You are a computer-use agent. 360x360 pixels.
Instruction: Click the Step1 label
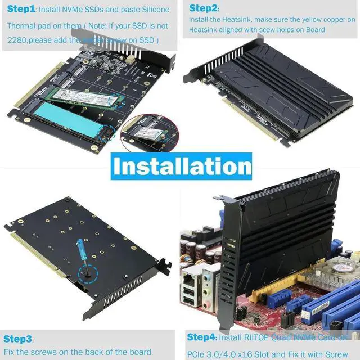click(x=21, y=10)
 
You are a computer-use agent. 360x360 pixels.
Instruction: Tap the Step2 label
click(x=204, y=8)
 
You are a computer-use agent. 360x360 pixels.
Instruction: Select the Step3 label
click(x=17, y=339)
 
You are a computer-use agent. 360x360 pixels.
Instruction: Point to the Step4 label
click(x=201, y=337)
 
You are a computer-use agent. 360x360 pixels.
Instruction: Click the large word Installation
click(x=181, y=167)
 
